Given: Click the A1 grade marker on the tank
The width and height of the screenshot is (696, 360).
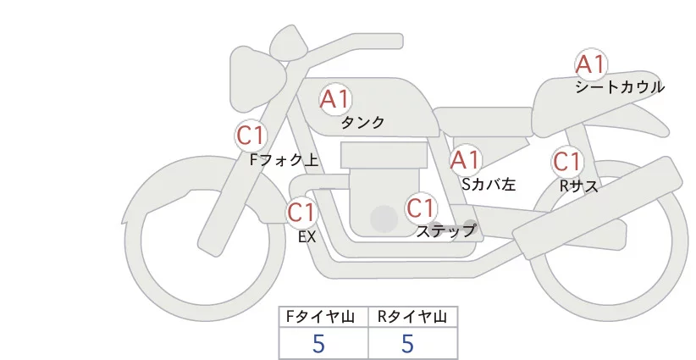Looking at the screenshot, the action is (x=335, y=99).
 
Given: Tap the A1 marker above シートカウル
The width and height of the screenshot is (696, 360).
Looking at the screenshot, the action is (x=590, y=64).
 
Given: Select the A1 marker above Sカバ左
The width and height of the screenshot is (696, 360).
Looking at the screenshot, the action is (x=466, y=159).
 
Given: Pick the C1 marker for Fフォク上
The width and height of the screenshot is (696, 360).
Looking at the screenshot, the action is (x=251, y=135).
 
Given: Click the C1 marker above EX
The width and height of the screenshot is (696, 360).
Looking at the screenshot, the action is (x=301, y=212).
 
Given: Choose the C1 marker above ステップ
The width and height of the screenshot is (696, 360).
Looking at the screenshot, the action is (x=421, y=208).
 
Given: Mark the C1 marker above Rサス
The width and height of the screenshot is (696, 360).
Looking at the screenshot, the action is (x=566, y=161).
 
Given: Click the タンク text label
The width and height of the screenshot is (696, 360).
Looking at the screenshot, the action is (x=362, y=123).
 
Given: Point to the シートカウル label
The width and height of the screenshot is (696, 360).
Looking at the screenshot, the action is (x=620, y=87).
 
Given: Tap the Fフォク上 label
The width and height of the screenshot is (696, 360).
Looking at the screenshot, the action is (x=284, y=158).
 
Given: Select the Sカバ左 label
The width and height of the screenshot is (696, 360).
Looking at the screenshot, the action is (x=489, y=182).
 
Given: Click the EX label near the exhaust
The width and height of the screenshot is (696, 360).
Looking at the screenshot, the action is (x=307, y=237).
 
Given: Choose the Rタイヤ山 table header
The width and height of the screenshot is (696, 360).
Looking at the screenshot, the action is (x=412, y=317).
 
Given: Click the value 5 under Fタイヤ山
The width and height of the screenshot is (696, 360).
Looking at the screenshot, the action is (x=319, y=343).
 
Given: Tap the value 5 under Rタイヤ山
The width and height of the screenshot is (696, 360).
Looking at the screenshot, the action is (x=407, y=343).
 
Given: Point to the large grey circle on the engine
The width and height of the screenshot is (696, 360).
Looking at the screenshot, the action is (x=385, y=219).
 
